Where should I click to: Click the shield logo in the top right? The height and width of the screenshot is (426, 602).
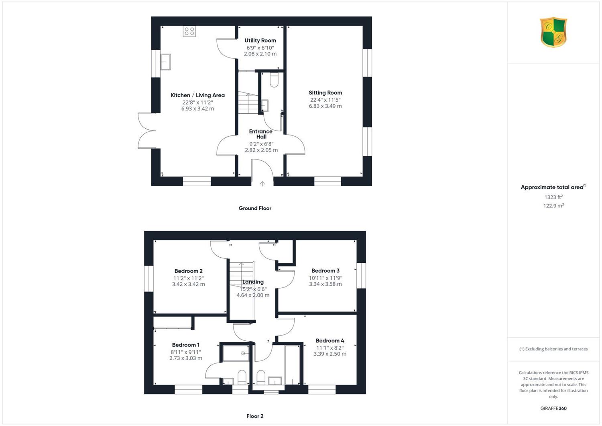pos(553,32)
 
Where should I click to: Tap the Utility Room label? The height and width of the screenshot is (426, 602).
pos(260,40)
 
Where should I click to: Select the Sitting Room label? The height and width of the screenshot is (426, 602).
pos(325,93)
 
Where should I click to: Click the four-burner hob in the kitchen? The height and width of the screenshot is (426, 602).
pos(189,31)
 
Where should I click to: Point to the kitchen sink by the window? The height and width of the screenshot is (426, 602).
pos(165,62)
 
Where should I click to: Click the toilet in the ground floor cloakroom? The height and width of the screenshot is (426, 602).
pos(274,80)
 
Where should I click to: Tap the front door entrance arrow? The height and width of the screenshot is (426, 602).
pos(262,184)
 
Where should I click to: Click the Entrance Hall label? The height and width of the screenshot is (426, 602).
pos(261,134)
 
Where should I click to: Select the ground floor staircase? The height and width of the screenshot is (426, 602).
pos(248,102)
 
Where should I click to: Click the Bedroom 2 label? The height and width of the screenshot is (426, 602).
pos(188,271)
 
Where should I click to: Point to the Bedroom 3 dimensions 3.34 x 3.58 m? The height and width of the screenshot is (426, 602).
pos(325,284)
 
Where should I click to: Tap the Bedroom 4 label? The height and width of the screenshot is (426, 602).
pos(330,341)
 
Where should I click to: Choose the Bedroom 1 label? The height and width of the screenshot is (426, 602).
pos(186,345)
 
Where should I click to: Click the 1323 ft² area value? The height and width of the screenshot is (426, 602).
pos(553,197)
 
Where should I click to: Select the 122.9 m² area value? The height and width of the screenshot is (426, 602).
pos(553,206)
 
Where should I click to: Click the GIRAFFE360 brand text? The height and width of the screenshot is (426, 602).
pos(553,408)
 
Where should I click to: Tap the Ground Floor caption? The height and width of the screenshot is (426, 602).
pos(255,208)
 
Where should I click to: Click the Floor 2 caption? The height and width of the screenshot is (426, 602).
pos(255,416)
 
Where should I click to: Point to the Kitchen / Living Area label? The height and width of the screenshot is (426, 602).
pos(197,95)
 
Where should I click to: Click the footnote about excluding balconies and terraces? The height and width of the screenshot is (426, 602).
pos(553,349)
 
